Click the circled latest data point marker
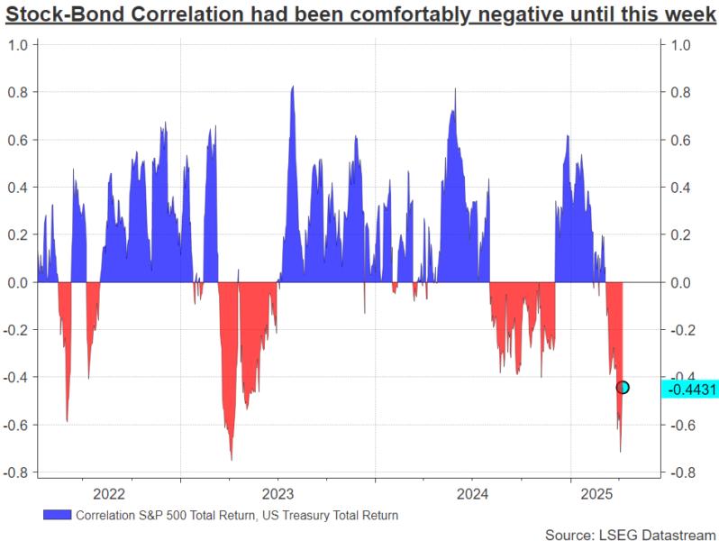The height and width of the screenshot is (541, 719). click(x=622, y=387)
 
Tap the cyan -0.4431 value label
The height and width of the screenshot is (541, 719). click(x=689, y=389)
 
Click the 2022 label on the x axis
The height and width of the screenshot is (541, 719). click(x=109, y=493)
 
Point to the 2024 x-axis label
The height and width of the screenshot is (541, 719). click(x=473, y=493)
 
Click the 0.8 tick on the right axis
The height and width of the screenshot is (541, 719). click(x=678, y=92)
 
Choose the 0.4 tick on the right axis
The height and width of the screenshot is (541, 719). click(x=678, y=188)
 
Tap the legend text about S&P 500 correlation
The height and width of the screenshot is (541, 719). click(x=237, y=516)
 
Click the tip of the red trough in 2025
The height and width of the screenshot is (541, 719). click(x=620, y=452)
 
